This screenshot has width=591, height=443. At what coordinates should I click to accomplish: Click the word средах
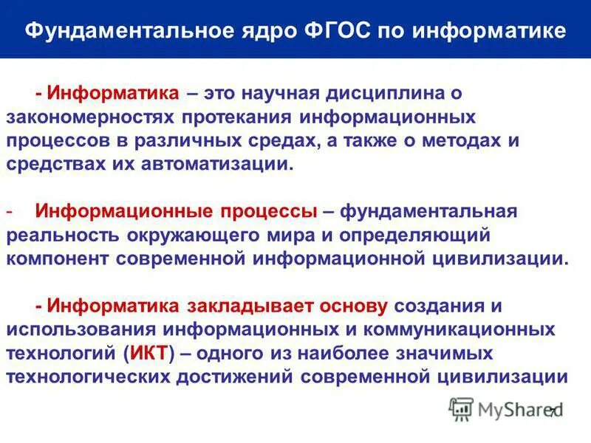pos(332,141)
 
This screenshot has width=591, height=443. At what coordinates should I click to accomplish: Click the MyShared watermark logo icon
pos(462,408)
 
